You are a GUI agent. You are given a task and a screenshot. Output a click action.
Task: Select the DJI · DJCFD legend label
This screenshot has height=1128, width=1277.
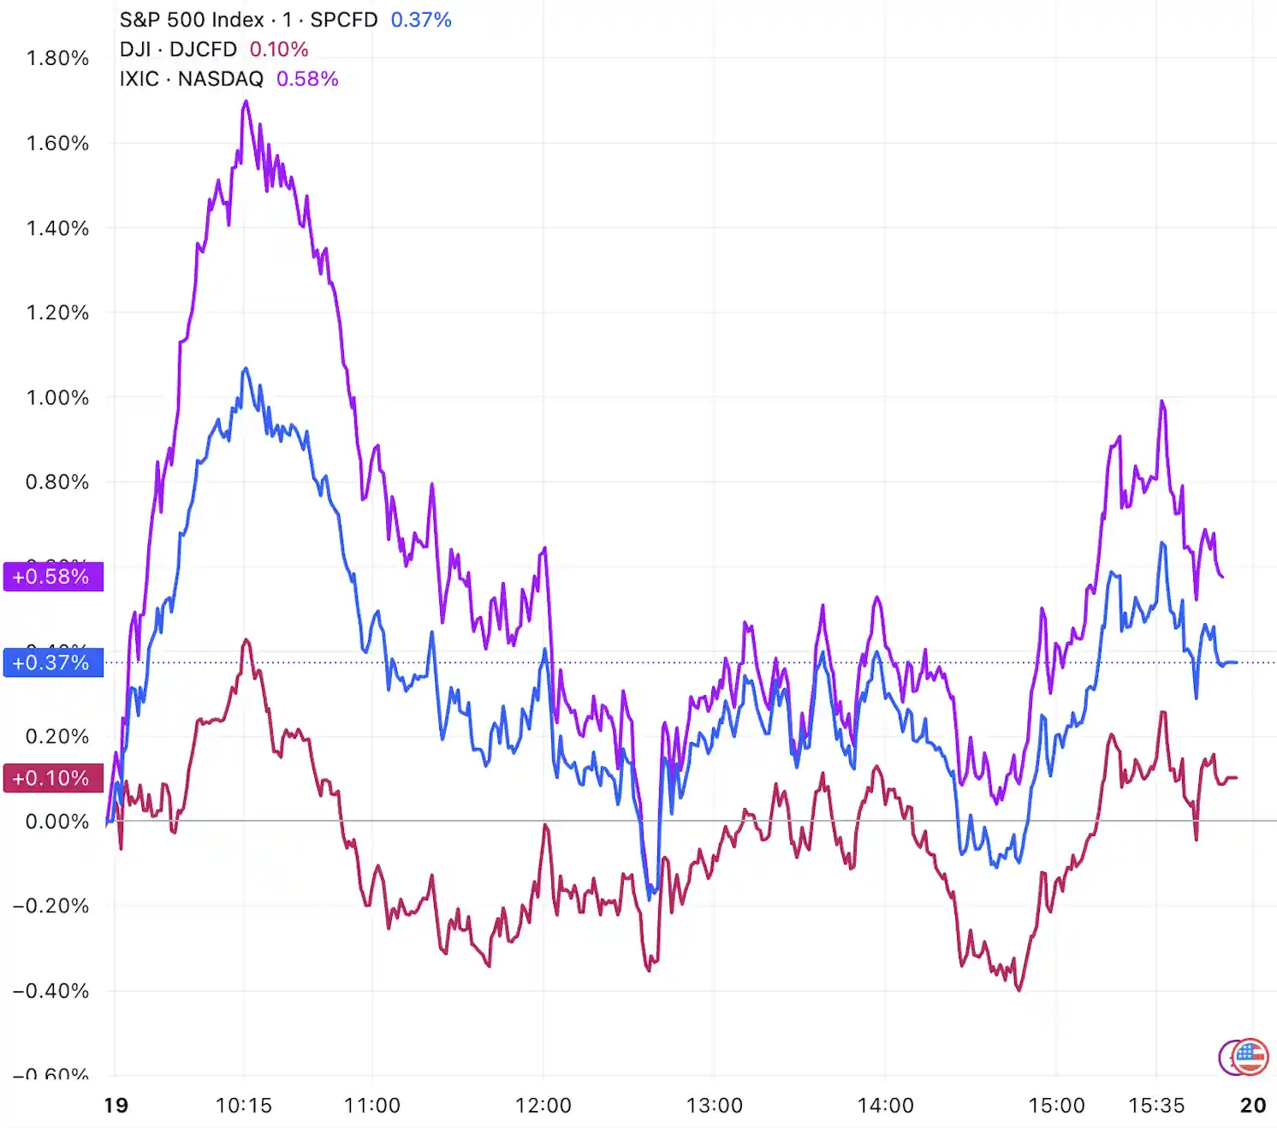pyautogui.click(x=178, y=50)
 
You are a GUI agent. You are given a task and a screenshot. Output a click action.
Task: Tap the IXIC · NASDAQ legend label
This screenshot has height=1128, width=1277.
pyautogui.click(x=192, y=79)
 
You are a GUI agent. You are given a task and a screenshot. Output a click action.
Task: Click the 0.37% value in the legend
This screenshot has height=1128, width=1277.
pyautogui.click(x=421, y=20)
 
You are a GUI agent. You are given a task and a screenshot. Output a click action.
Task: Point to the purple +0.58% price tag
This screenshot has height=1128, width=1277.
pyautogui.click(x=53, y=577)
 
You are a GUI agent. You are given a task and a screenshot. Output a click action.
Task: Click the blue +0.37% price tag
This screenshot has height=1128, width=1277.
pyautogui.click(x=53, y=662)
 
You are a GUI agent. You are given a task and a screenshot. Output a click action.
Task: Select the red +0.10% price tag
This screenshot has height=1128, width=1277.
pyautogui.click(x=53, y=778)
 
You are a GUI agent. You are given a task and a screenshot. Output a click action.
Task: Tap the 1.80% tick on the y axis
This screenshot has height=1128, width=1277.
pyautogui.click(x=57, y=58)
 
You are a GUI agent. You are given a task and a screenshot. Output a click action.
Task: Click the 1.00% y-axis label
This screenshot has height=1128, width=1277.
pyautogui.click(x=57, y=397)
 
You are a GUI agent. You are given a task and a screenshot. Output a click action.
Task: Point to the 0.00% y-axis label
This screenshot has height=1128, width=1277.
pyautogui.click(x=57, y=822)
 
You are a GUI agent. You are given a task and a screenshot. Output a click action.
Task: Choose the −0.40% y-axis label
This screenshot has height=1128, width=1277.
pyautogui.click(x=51, y=991)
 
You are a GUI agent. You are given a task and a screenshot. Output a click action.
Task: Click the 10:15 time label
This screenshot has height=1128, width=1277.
pyautogui.click(x=244, y=1106)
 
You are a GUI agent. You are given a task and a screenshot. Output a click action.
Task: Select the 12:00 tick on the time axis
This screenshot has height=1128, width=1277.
pyautogui.click(x=543, y=1106)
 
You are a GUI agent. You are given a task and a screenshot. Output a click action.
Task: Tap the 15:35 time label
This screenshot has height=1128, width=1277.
pyautogui.click(x=1156, y=1106)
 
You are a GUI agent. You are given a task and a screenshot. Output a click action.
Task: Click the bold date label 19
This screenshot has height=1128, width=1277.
pyautogui.click(x=116, y=1106)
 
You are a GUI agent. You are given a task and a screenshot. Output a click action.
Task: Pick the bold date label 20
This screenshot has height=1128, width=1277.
pyautogui.click(x=1253, y=1106)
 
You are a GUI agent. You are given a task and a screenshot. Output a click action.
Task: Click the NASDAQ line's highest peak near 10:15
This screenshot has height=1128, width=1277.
pyautogui.click(x=246, y=102)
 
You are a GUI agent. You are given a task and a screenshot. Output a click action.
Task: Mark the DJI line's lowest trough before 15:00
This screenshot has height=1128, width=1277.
pyautogui.click(x=1019, y=989)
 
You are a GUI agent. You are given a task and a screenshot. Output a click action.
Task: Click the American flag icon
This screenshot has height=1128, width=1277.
pyautogui.click(x=1250, y=1057)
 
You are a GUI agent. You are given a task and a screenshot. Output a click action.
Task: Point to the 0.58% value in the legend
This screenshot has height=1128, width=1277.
pyautogui.click(x=307, y=79)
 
